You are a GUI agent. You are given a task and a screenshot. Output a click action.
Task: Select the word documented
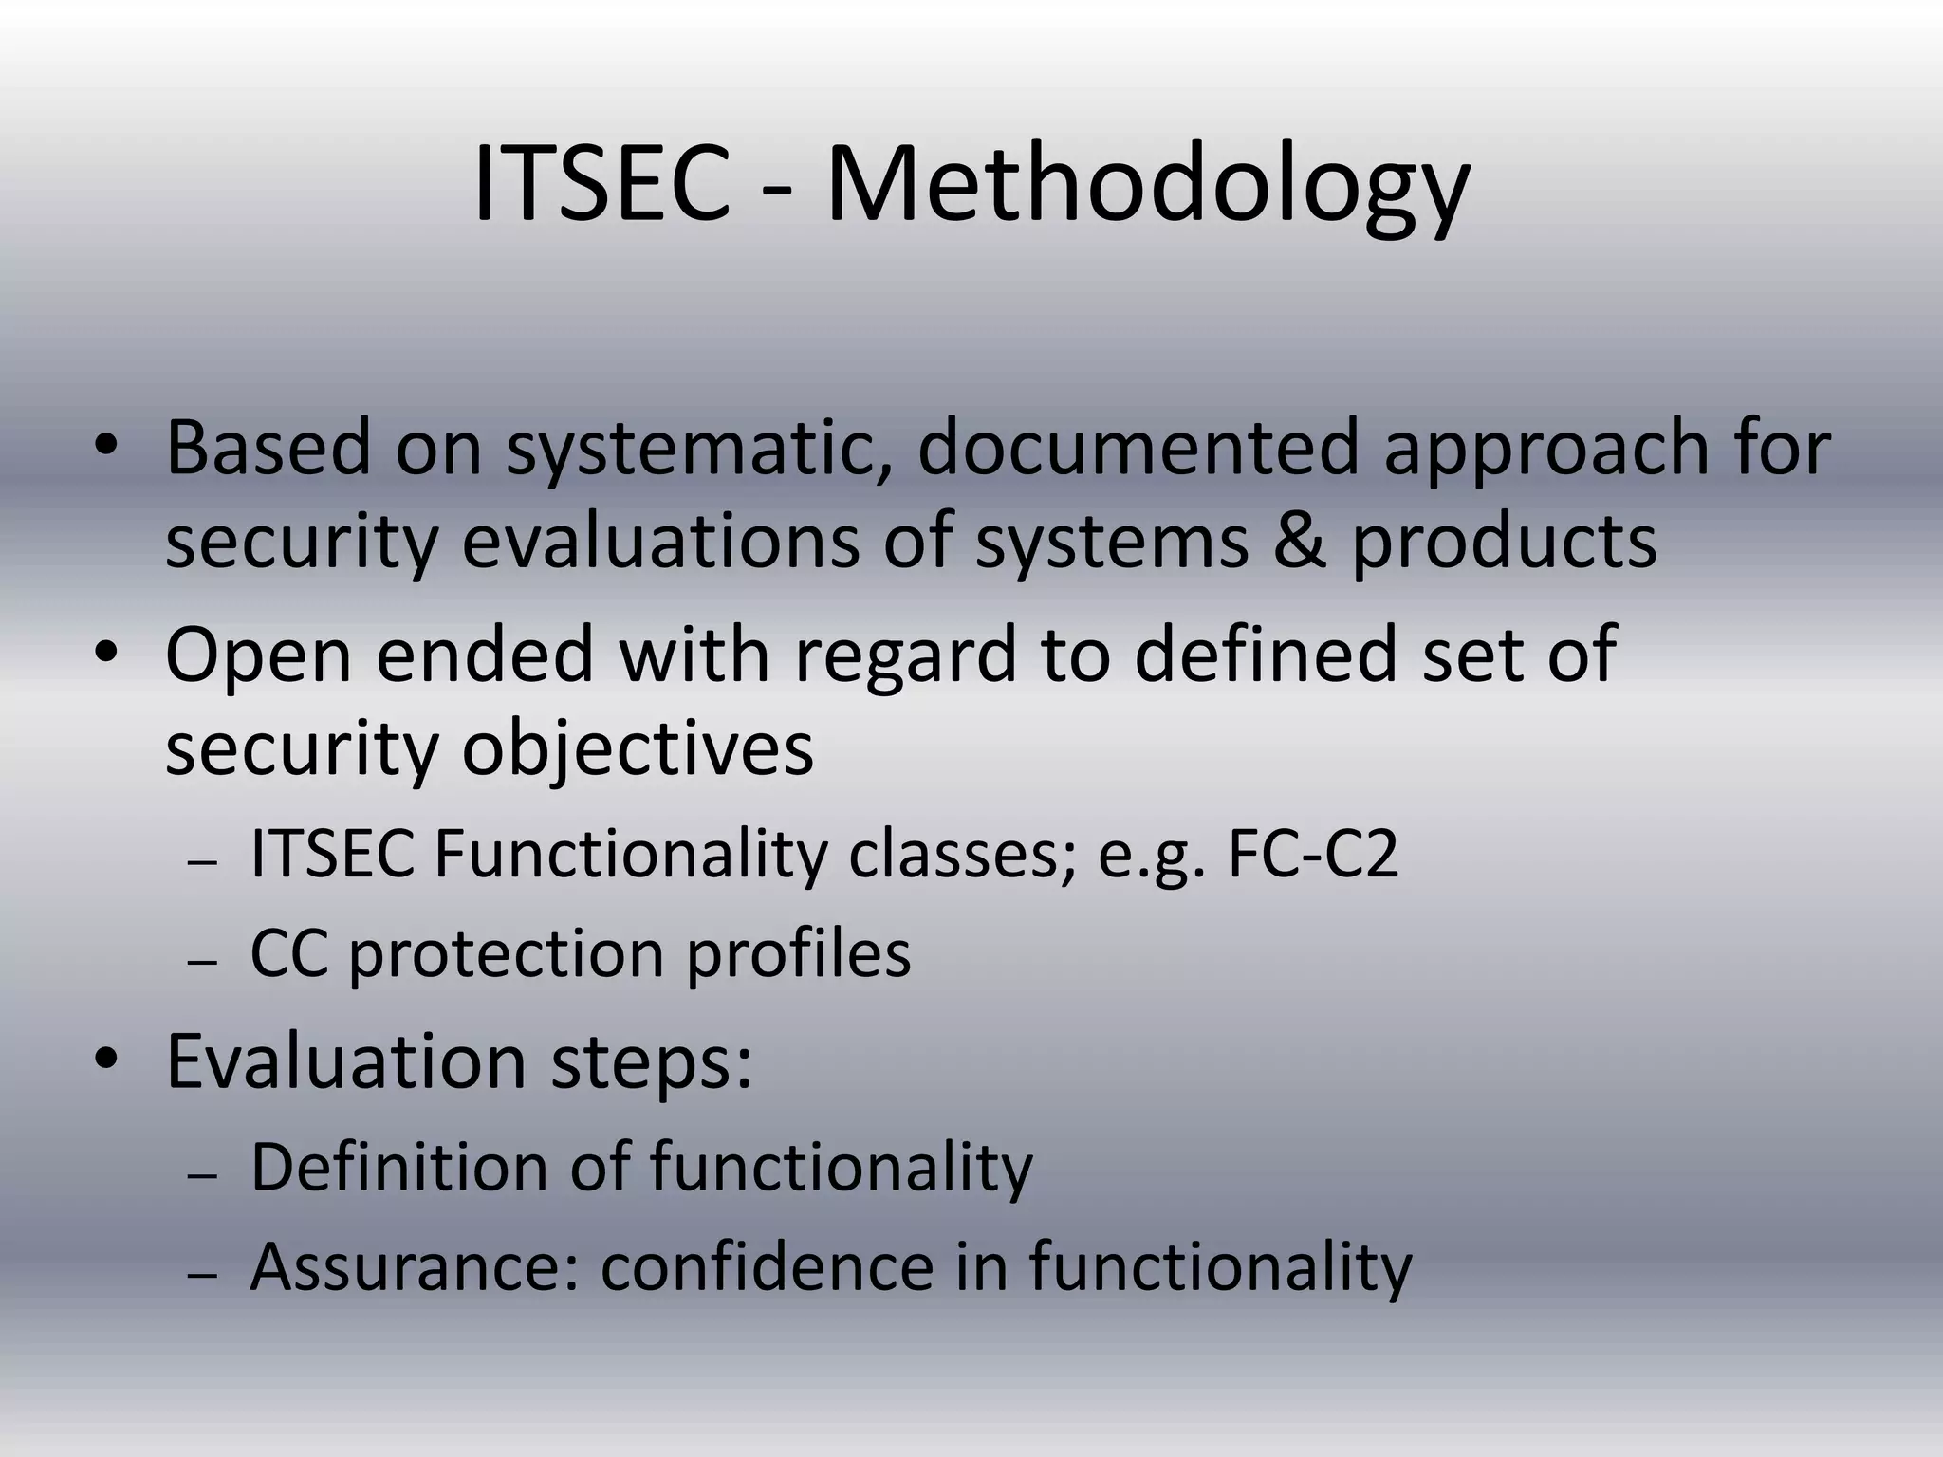1138,447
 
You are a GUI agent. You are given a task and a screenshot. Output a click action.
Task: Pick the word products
1504,543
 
